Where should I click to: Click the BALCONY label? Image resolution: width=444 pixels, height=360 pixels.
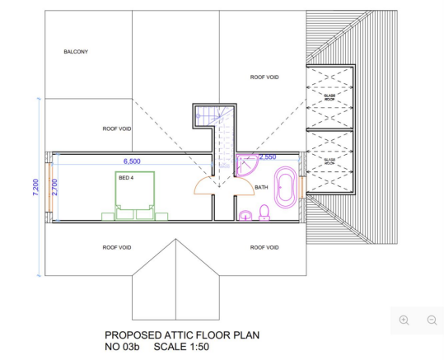click(76, 51)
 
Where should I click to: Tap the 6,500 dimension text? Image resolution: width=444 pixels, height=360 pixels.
click(132, 161)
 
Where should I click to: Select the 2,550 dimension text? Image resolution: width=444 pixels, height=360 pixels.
click(268, 157)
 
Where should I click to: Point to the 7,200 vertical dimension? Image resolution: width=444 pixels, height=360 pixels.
click(35, 187)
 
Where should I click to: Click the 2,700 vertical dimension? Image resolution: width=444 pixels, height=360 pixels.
click(54, 187)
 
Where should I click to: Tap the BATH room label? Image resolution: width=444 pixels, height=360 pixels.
click(261, 187)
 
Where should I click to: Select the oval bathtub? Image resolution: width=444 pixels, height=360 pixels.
click(285, 189)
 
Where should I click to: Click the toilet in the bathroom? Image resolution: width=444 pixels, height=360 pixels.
click(264, 214)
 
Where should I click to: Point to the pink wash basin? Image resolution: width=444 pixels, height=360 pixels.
click(245, 216)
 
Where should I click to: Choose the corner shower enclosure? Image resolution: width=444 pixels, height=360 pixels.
click(245, 166)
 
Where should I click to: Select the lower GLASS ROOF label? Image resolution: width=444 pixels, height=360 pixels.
click(329, 162)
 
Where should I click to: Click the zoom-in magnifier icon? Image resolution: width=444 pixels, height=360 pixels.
click(404, 320)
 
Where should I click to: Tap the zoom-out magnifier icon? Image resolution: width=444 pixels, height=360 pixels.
click(432, 320)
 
